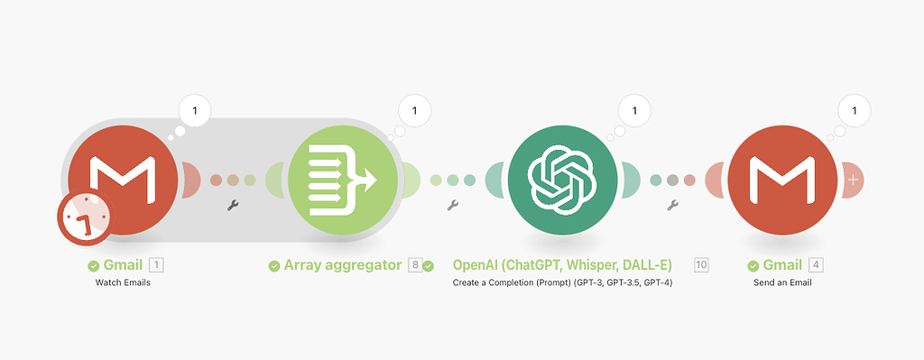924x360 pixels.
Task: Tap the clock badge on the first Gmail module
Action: (84, 220)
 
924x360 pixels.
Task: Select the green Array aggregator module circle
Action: (344, 177)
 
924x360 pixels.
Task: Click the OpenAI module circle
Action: (563, 177)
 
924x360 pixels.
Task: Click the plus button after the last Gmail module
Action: (854, 180)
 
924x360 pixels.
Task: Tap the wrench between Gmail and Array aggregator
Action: (233, 206)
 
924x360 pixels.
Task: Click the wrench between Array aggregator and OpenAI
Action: (453, 206)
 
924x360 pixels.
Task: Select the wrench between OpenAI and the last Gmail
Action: (672, 206)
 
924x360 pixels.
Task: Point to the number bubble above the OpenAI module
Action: (634, 111)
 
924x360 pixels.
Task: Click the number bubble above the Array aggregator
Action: (414, 111)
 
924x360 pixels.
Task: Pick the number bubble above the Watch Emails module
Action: (195, 111)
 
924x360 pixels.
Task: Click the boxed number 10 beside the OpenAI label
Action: (701, 265)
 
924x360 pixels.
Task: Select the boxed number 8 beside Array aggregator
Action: (415, 265)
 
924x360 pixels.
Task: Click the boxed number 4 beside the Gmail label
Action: (816, 265)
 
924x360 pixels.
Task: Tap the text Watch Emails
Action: (124, 282)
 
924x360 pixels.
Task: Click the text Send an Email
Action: (783, 282)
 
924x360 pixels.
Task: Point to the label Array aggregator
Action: (344, 265)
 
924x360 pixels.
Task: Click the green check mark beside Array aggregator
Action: (273, 266)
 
